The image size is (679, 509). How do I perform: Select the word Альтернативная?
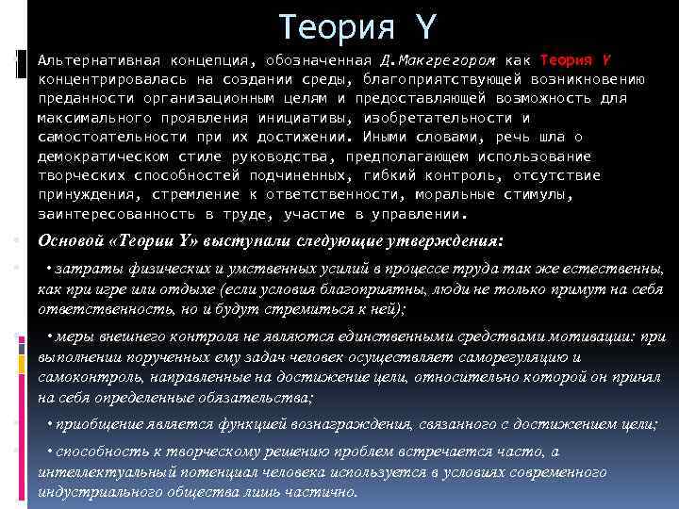click(x=98, y=59)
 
